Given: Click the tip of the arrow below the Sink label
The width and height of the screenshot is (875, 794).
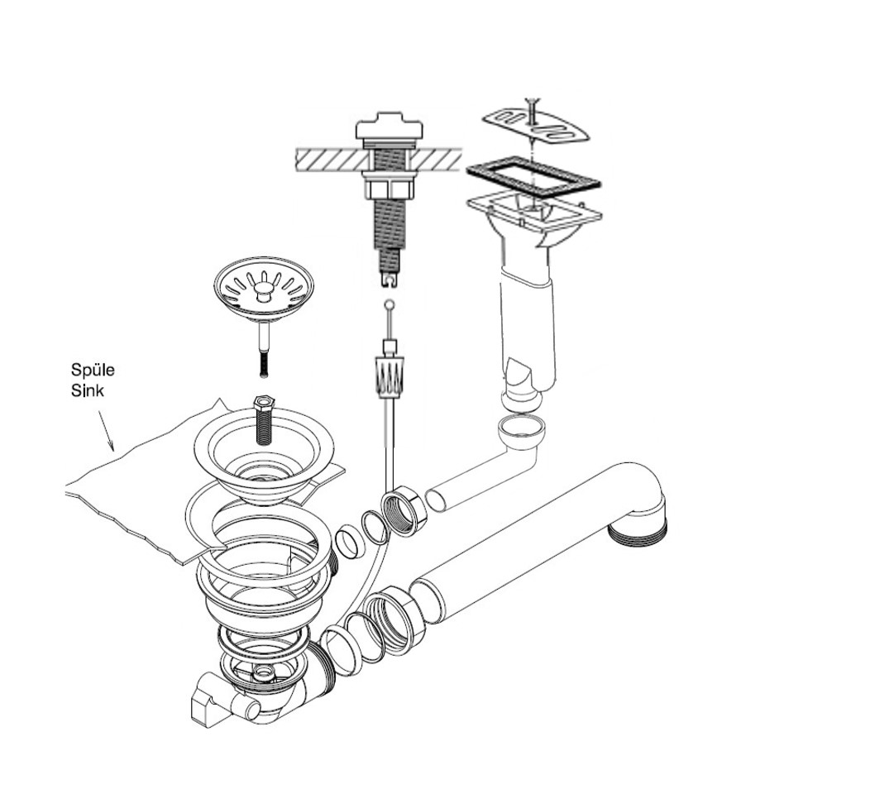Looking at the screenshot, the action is [x=112, y=450].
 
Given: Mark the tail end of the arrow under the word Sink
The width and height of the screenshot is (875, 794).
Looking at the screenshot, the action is [x=99, y=412].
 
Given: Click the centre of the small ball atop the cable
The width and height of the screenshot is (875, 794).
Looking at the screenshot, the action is [x=390, y=304].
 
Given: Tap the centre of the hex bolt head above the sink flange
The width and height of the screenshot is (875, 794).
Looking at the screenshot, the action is [x=263, y=402].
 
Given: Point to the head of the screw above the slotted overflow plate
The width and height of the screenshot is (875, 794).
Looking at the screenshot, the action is [x=533, y=99].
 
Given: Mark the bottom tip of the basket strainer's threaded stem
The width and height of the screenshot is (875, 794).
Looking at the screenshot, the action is [x=263, y=376].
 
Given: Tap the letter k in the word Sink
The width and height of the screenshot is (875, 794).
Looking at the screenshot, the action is [x=99, y=390].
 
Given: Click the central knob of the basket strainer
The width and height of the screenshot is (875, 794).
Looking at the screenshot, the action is [x=261, y=290].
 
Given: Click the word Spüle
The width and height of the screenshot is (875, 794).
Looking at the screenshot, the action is [x=93, y=371].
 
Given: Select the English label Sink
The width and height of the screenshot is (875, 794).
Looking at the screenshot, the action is [x=88, y=390].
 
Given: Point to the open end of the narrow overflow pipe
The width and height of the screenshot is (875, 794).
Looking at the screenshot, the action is [x=436, y=500].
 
